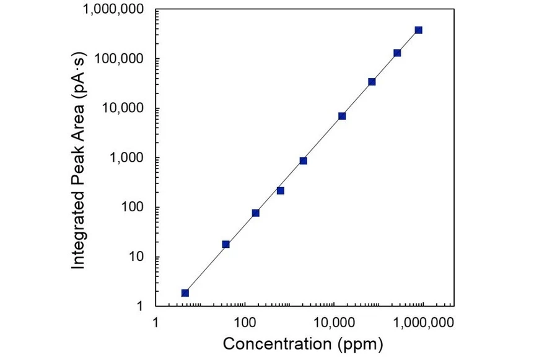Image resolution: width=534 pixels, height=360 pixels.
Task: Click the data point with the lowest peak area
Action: pos(185,292)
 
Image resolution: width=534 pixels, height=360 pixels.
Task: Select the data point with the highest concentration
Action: pos(419,30)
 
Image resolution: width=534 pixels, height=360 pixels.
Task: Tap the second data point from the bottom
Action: pos(226,244)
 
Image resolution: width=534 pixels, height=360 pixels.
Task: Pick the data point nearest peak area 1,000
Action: pos(303,160)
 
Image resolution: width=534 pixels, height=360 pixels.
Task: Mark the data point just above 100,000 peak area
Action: pos(397,53)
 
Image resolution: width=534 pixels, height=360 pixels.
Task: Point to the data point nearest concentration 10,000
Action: pos(342,116)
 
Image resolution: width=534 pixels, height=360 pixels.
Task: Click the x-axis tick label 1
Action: pos(155,323)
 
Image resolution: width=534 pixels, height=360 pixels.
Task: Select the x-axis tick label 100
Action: pos(245,323)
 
